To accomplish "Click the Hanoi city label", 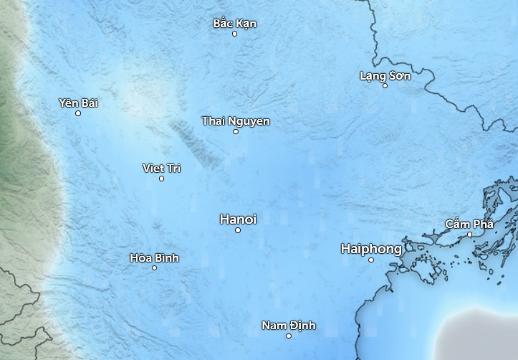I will (238, 219).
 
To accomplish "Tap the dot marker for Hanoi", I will (238, 230).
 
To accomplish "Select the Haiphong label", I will (371, 249).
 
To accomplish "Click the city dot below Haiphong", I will (371, 260).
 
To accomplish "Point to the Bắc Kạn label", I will (234, 24).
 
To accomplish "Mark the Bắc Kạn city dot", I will (234, 34).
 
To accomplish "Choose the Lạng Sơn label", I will (385, 76).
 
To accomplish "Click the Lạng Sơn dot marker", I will (385, 86).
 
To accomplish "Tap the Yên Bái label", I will (78, 103).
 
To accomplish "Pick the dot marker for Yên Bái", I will (78, 113).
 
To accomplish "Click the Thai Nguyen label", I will (236, 121).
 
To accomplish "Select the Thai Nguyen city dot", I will (236, 131).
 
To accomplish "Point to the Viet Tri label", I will (161, 169).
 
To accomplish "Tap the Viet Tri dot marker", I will (161, 179).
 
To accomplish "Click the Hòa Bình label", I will (154, 258).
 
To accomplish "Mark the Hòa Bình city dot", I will (154, 268).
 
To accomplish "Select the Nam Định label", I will (288, 326).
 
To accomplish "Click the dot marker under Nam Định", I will (289, 336).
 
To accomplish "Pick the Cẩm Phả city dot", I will (470, 235).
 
